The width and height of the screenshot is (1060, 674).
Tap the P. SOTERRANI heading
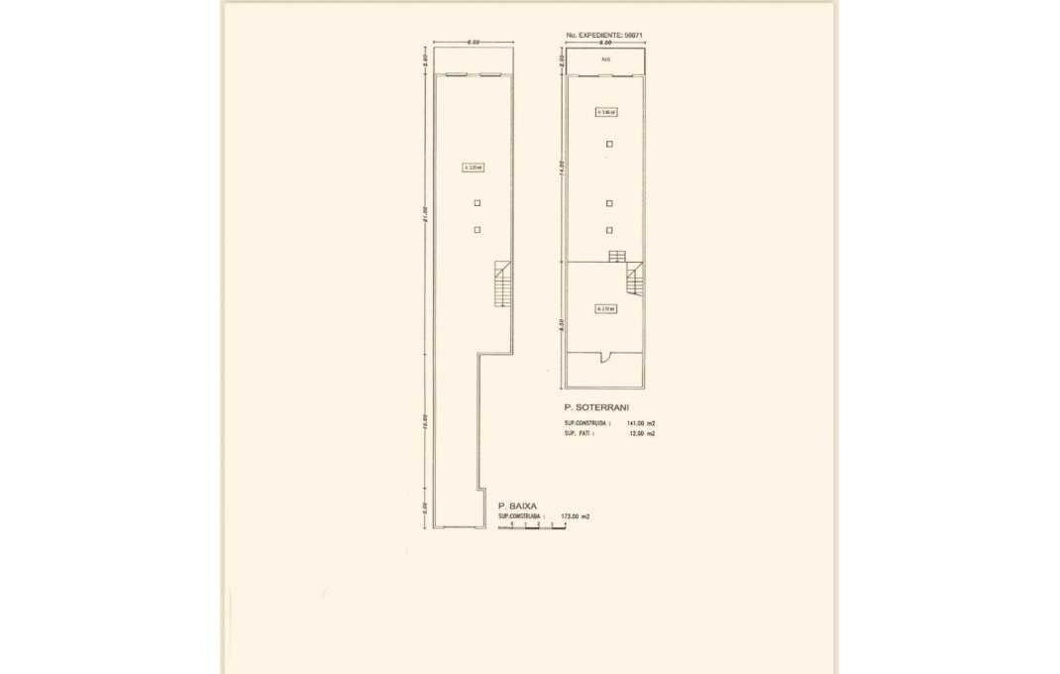595,407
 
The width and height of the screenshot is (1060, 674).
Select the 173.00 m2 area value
575,516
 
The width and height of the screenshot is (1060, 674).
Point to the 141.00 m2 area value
640,423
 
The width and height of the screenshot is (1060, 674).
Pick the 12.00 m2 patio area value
642,433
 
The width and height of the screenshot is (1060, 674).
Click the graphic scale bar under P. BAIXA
532,526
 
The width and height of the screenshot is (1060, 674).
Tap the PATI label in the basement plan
605,60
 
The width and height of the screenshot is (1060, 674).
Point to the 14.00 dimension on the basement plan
561,168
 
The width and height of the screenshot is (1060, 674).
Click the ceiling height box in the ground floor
473,168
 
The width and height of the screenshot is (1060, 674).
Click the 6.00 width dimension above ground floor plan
474,43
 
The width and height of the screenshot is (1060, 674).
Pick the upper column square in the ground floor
477,203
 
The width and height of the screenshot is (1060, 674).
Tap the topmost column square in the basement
609,144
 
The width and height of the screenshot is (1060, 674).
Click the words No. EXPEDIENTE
593,35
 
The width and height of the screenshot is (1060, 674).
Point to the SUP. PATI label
579,433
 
